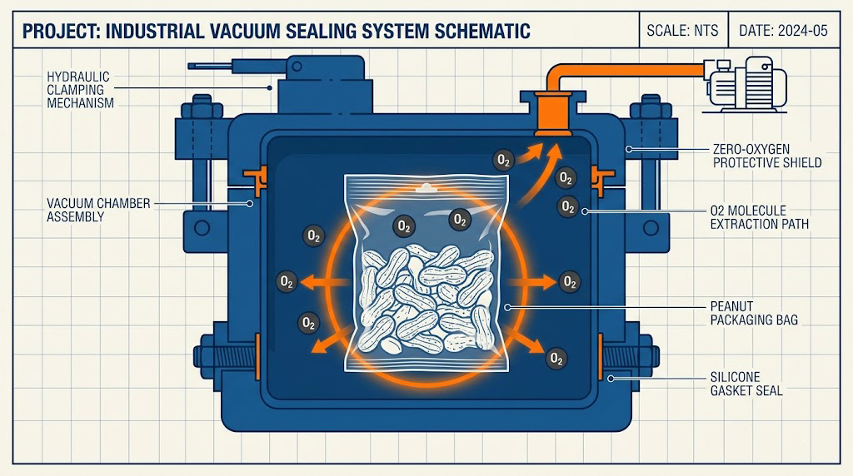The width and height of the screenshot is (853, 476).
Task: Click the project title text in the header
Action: [275, 32]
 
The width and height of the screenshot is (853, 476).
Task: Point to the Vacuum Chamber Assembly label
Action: [75, 210]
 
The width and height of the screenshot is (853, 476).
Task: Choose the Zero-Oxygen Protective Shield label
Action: [767, 156]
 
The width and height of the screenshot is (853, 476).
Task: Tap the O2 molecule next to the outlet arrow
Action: [502, 160]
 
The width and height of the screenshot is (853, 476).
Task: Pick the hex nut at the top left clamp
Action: [201, 108]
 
